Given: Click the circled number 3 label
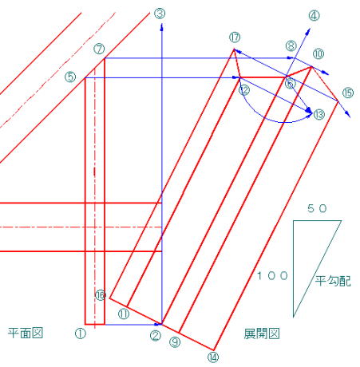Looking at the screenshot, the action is pos(160,14).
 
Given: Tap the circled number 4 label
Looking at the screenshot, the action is pos(314,16).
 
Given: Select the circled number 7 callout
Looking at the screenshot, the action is pos(99,49).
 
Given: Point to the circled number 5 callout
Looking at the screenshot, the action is pos(70,77).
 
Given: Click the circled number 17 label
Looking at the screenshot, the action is pos(235,37).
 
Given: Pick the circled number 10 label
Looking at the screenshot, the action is pos(318,54).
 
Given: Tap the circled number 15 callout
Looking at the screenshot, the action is pos(348,93).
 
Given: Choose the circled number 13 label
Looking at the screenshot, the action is pos(319,115).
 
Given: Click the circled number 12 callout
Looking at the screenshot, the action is pos(244,90).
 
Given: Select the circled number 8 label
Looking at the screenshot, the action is pos(291,46).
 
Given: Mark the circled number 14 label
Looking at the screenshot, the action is pos(213,357).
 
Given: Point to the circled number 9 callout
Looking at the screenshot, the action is pos(175,342).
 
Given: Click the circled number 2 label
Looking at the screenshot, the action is pos(156,336).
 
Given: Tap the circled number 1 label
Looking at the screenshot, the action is pos(81,333).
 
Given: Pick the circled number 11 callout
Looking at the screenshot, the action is pos(124,314).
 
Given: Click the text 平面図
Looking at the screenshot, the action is pos(26,333).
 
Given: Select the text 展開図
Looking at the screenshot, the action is pos(262,333).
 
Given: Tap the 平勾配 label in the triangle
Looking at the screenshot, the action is pos(333,281).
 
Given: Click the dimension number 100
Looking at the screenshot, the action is pos(272,276).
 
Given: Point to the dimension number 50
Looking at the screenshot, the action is pos(317,209).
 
